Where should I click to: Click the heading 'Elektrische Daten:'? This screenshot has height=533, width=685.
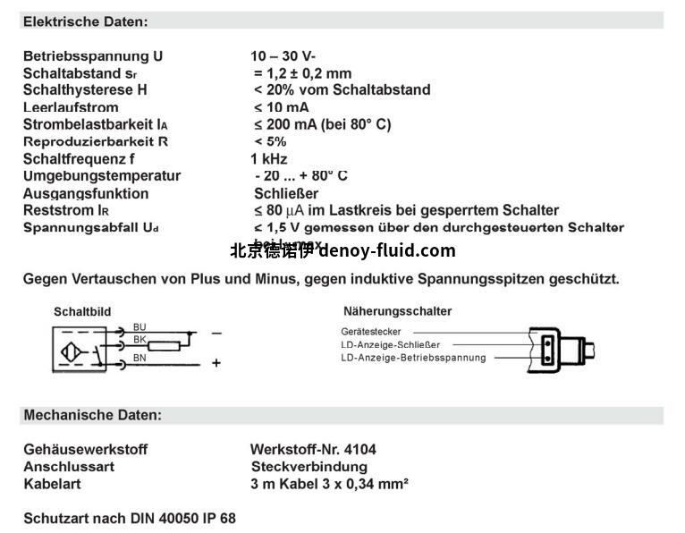pos(86,21)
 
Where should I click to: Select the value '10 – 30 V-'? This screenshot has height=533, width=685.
pos(283,56)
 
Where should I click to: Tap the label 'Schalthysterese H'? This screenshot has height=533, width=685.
pos(85,90)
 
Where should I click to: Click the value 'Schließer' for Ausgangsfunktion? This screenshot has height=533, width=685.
pos(286,193)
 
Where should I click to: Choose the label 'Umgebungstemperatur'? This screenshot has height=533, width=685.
pos(102,176)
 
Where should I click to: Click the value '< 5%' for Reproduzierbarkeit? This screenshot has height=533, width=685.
pos(270,141)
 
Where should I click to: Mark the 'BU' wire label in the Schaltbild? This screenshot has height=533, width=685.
pos(140,327)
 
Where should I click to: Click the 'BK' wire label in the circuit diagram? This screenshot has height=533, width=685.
pos(140,341)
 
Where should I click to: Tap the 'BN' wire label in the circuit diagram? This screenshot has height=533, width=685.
pos(140,358)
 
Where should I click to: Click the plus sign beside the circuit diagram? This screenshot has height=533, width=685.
pos(216,363)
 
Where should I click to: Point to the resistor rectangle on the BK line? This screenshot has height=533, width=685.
pos(165,346)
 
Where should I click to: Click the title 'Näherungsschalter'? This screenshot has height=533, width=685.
pos(397,311)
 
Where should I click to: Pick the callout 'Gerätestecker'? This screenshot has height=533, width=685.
pos(371,332)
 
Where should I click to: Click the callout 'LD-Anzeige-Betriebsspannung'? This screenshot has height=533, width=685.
pos(413,358)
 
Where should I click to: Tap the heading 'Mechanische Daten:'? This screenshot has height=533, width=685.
pos(93,416)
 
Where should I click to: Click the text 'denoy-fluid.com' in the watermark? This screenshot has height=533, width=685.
pos(386,251)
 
